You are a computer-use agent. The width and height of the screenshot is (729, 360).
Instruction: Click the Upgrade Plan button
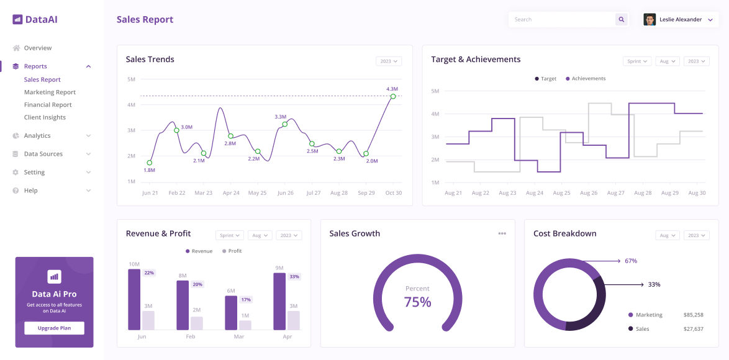click(54, 328)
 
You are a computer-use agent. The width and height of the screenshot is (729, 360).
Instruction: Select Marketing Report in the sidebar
click(50, 92)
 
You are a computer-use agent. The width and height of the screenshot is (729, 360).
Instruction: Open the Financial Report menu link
click(48, 105)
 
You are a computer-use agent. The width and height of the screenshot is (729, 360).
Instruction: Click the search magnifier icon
click(621, 20)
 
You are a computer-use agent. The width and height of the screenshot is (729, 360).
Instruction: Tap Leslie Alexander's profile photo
click(650, 20)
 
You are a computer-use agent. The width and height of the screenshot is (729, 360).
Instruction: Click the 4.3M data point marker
click(392, 96)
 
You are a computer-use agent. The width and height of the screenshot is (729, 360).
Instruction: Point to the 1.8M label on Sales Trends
click(149, 170)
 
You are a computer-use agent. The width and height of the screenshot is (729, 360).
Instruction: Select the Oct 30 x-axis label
click(393, 193)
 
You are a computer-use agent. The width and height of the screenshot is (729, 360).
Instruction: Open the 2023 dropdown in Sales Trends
click(389, 61)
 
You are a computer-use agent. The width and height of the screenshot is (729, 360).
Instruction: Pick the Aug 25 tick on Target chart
click(561, 193)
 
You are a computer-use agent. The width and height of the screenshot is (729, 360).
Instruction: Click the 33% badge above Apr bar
click(294, 277)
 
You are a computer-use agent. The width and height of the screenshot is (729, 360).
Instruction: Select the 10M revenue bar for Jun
click(134, 299)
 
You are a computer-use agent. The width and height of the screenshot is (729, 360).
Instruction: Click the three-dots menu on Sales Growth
click(502, 234)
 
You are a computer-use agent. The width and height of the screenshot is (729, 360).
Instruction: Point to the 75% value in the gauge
click(417, 302)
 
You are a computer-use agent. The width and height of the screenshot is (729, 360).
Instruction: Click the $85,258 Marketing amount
click(693, 315)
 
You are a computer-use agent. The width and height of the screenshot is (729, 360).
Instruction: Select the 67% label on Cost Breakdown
click(631, 261)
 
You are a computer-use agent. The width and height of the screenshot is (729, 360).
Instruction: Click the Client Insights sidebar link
click(45, 117)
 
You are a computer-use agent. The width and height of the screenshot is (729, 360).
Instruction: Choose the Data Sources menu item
click(43, 154)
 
